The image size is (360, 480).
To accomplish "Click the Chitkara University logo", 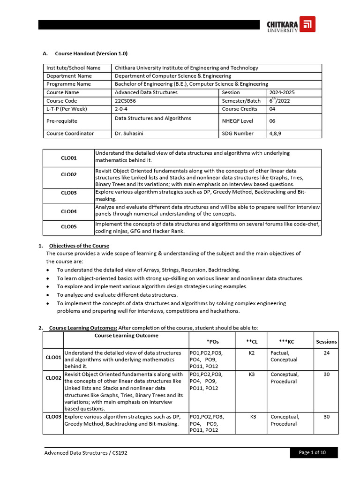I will [x=291, y=24].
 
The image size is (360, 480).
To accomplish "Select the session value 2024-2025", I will [x=282, y=92].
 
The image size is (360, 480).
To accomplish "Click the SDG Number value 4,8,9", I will [x=276, y=134].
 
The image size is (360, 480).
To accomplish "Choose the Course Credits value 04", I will [x=272, y=109].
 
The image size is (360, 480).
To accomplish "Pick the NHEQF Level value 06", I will [x=272, y=121].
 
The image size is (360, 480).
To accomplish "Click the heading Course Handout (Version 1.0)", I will [x=91, y=53].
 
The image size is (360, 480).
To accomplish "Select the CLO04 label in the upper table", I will [x=68, y=211].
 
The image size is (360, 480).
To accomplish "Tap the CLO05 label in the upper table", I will [x=68, y=227].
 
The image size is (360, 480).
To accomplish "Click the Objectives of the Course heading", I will [x=79, y=246].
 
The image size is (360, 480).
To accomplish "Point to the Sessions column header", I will [x=326, y=342].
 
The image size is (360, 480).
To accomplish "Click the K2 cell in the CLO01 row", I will [x=252, y=352].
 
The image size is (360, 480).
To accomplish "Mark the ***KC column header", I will [x=286, y=342].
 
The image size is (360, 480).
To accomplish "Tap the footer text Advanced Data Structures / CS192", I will [x=85, y=453].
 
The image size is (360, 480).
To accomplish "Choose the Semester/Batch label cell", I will [x=241, y=101].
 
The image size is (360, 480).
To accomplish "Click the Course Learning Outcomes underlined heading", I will [x=83, y=328].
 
